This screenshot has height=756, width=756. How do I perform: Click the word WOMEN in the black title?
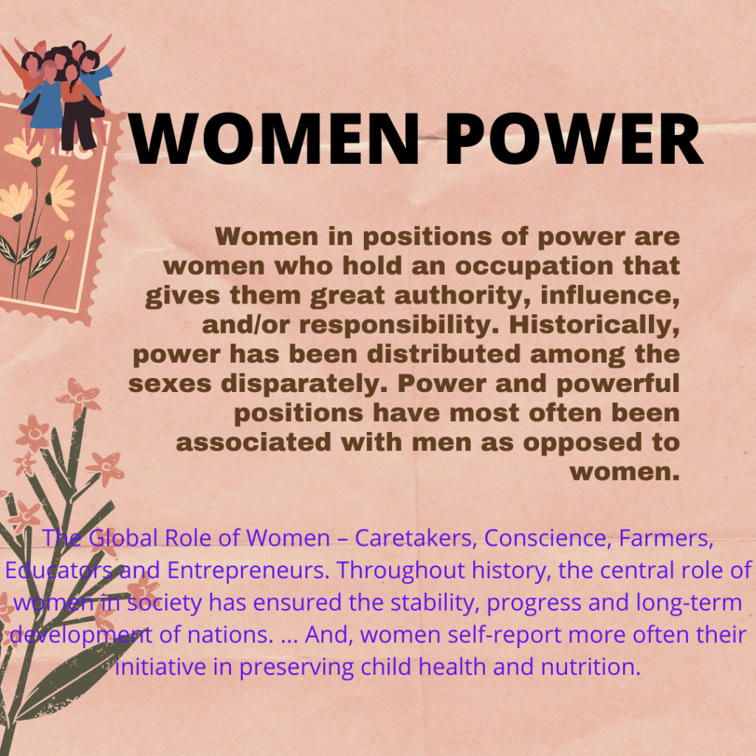(273, 139)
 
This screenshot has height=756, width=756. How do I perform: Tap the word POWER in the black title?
(574, 139)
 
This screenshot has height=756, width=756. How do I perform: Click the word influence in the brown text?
(610, 295)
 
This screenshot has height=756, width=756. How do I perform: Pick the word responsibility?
(399, 325)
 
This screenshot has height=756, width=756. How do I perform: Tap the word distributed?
(444, 354)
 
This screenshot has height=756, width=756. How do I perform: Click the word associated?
(253, 443)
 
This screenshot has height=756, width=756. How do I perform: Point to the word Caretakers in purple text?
(416, 538)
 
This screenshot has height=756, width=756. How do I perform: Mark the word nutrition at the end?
(591, 667)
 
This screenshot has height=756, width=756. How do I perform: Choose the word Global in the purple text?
(123, 537)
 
